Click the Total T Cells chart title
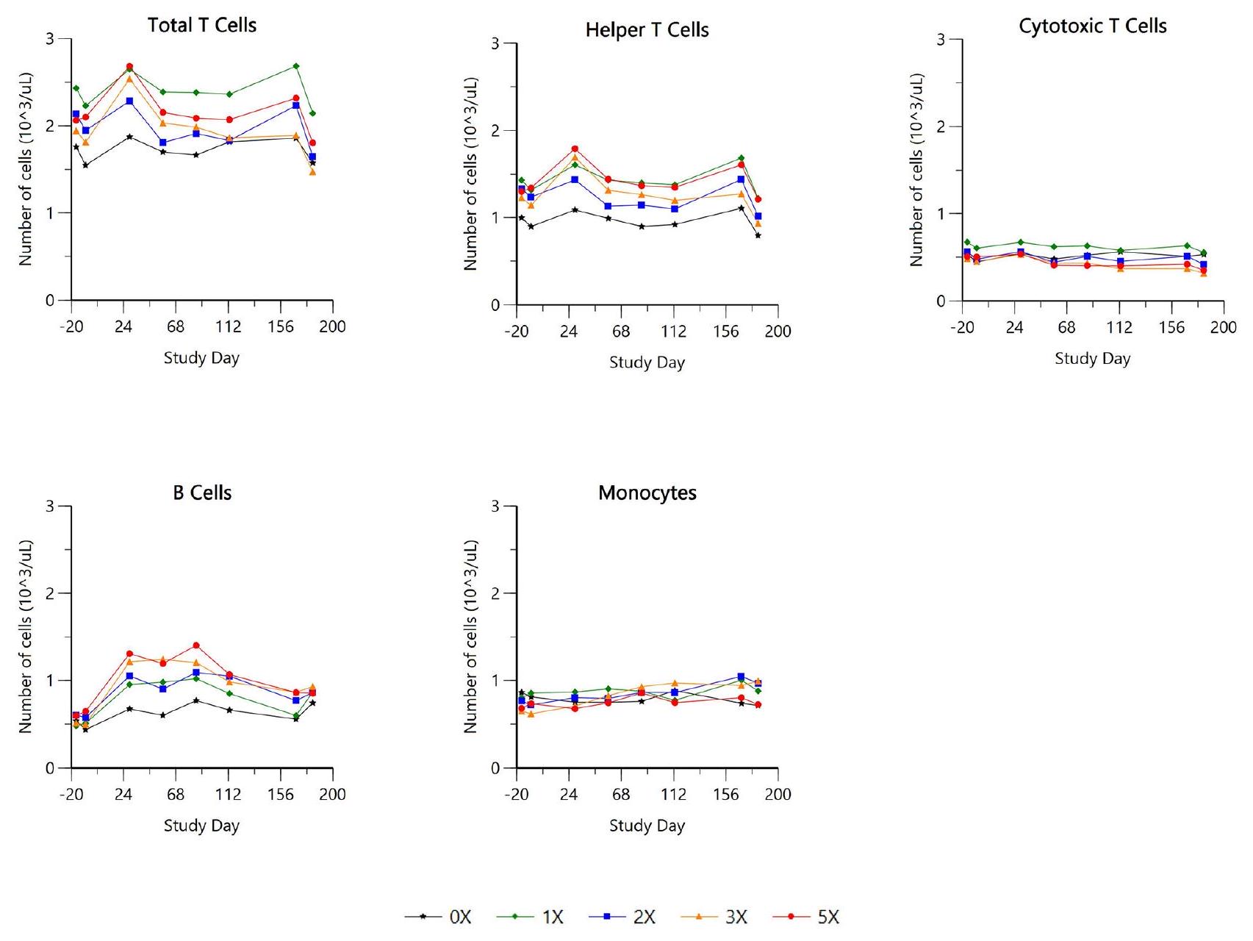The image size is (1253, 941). (x=202, y=25)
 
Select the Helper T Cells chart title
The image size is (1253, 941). (x=647, y=30)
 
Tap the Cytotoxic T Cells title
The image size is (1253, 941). (x=1092, y=26)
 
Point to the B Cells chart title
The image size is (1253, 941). (x=202, y=493)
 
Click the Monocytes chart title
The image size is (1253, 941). (x=647, y=493)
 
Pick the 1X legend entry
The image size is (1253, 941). (x=531, y=917)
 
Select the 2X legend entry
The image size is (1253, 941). (x=623, y=917)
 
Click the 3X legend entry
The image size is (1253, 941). (x=715, y=917)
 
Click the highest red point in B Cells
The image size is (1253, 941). (x=196, y=645)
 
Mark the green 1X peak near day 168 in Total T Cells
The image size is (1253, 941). (x=296, y=66)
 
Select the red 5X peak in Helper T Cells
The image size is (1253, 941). (x=575, y=149)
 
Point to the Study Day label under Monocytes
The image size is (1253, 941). (x=647, y=826)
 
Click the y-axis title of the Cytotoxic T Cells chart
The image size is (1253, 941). (x=916, y=170)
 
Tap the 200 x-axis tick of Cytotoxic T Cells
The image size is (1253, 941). (x=1224, y=327)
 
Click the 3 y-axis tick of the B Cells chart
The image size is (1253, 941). (x=50, y=507)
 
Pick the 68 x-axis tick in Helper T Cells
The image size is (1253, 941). (x=621, y=332)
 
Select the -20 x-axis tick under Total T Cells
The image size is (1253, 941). (x=71, y=327)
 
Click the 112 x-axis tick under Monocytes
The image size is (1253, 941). (x=673, y=795)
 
